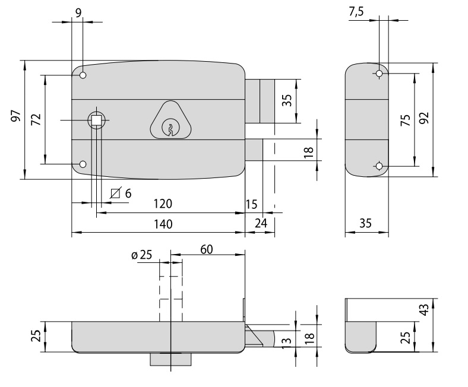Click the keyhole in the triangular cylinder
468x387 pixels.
[170, 127]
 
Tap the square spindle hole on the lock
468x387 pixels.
[96, 120]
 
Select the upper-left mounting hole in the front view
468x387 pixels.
[83, 75]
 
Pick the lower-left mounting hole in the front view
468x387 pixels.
[83, 164]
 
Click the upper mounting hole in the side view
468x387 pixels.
[379, 74]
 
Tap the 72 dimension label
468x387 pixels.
[36, 118]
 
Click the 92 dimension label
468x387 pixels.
[423, 119]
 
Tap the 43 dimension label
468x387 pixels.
[423, 310]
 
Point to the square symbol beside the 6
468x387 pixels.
[116, 193]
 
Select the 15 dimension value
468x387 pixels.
[251, 205]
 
